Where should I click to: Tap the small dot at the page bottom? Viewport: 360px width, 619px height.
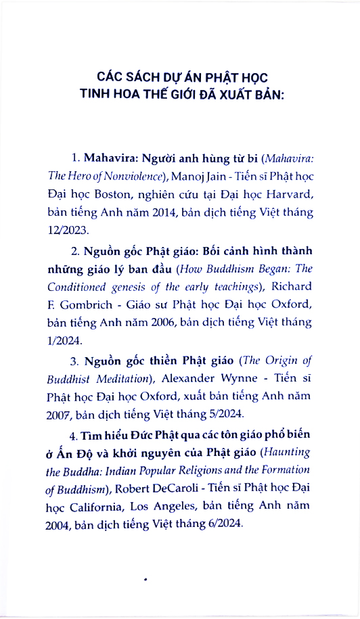coord(146,578)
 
